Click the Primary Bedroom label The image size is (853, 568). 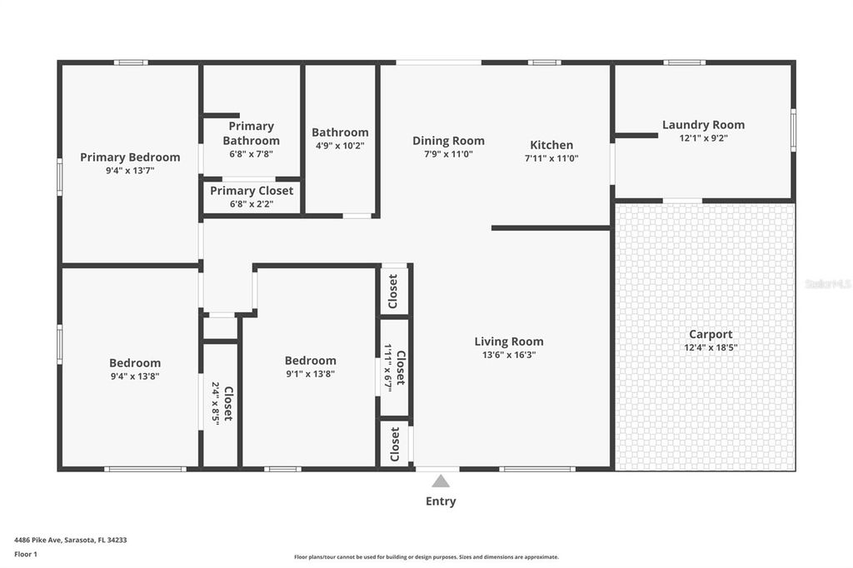130,157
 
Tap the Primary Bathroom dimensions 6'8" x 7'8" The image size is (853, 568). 251,153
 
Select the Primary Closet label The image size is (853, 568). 251,191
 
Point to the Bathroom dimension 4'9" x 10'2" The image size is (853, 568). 340,145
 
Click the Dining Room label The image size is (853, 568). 448,141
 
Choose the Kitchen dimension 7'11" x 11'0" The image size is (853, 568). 551,157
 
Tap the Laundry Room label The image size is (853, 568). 703,125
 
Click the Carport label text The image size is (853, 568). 711,334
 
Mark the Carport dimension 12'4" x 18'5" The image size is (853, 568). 711,347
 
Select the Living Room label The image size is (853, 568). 508,341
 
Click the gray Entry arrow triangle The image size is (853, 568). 441,481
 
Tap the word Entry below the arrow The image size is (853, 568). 441,501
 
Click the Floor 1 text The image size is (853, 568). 27,553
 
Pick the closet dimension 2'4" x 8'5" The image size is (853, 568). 215,404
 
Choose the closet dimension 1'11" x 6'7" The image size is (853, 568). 388,367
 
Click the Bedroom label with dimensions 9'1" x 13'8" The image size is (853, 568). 310,361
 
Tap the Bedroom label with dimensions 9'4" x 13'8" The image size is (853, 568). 135,363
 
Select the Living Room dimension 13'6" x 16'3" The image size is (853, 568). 508,354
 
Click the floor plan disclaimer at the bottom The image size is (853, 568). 426,557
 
